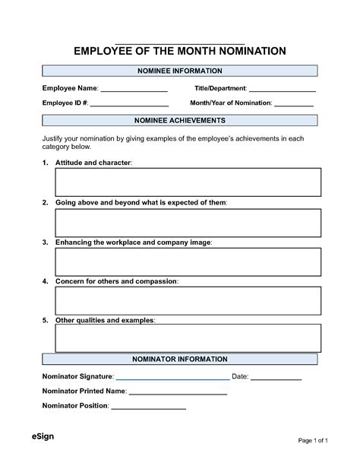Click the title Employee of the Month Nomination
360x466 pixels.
pos(179,51)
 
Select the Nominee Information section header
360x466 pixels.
pos(179,71)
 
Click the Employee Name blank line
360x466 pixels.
pos(134,91)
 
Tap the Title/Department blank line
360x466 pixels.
pos(282,91)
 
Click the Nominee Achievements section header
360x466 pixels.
pos(179,121)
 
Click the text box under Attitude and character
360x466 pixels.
pos(188,182)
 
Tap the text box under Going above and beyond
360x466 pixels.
pos(188,223)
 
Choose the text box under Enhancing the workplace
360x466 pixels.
pos(188,262)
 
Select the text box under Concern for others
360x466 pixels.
pos(188,302)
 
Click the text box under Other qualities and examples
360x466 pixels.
pos(188,338)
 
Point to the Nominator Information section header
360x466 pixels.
pos(179,359)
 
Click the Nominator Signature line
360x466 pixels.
pos(172,378)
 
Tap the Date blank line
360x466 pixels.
pos(276,378)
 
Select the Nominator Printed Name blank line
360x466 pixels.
pos(178,394)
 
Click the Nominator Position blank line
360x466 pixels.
pos(148,408)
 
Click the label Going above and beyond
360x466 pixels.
pos(141,203)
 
